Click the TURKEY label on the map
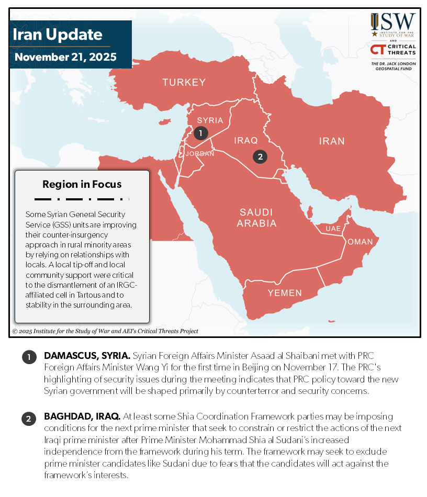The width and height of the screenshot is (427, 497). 184,82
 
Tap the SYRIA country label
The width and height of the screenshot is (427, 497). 210,120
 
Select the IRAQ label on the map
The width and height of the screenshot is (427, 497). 246,141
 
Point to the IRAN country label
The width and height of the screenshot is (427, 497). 332,141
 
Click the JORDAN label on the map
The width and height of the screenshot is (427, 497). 200,154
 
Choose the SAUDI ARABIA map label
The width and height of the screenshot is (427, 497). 256,218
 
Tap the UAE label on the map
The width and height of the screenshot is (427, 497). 333,229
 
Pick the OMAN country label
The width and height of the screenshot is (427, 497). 360,242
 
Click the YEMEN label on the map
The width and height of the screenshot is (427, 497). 285,293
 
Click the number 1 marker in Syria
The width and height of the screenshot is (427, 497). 200,133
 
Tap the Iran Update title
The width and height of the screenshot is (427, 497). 57,35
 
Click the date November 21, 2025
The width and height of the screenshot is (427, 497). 65,57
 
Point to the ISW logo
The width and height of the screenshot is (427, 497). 394,25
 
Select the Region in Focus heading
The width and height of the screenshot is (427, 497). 82,184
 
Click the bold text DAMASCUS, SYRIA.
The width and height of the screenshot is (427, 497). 87,355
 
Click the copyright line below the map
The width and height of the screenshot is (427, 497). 105,331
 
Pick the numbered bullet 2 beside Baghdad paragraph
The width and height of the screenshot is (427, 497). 28,419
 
